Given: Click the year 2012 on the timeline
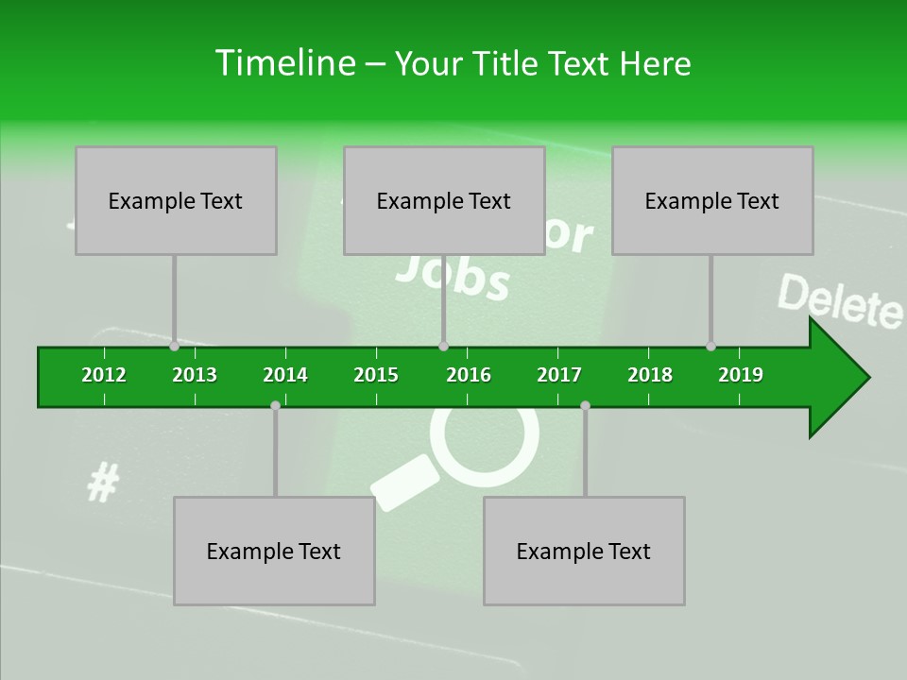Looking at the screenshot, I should [x=104, y=375].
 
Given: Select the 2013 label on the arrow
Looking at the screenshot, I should [x=195, y=375].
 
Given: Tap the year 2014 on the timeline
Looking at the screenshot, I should [x=285, y=375].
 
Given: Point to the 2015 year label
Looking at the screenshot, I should [x=376, y=375].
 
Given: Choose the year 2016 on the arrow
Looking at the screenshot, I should [x=469, y=375].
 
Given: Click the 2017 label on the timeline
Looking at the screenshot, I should [x=559, y=375].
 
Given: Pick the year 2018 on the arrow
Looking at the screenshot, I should [x=650, y=375].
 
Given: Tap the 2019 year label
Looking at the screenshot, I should [x=741, y=375].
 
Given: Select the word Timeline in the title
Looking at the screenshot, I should [x=283, y=63].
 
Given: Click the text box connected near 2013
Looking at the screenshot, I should [x=176, y=200].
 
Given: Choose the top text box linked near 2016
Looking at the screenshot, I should [x=444, y=200].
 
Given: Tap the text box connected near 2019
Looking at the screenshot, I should [x=712, y=200].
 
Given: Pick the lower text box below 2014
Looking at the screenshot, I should [x=274, y=551].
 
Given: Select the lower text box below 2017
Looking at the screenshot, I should [x=584, y=551].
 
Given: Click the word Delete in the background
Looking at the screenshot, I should [x=839, y=301].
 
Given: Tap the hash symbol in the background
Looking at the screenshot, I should [x=102, y=484].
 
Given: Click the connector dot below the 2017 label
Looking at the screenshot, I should [x=585, y=405].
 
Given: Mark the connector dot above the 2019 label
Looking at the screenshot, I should [x=710, y=346].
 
